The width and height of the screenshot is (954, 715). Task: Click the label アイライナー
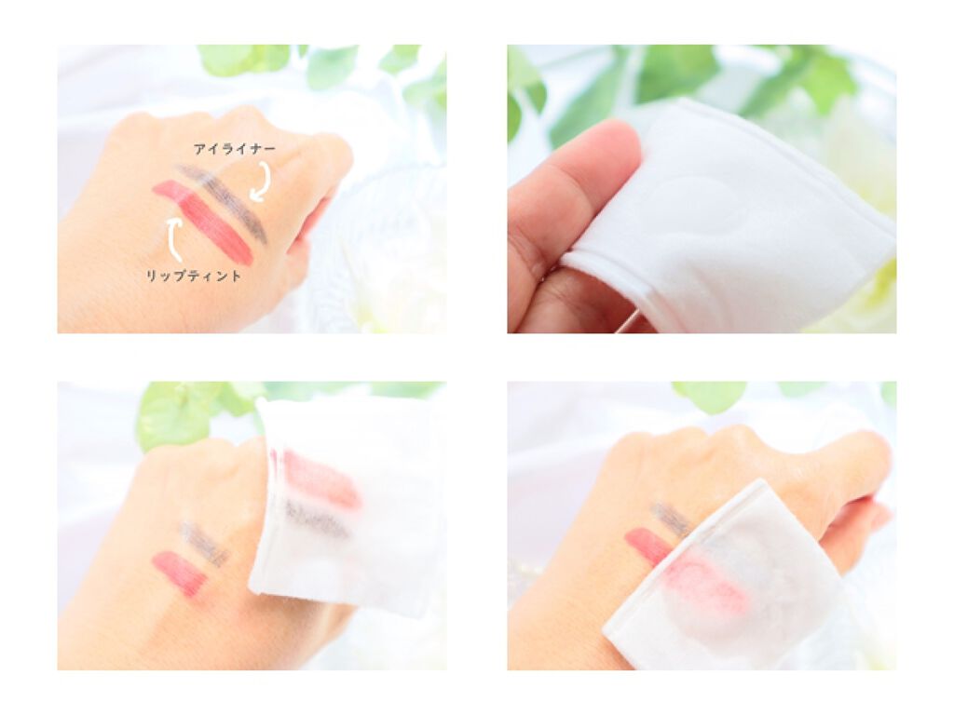[234, 149]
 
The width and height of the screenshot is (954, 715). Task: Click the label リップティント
[194, 276]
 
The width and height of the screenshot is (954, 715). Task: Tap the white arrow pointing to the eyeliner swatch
[262, 181]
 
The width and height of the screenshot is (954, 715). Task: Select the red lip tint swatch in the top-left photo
[202, 222]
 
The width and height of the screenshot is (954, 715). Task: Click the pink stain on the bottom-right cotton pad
[709, 584]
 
